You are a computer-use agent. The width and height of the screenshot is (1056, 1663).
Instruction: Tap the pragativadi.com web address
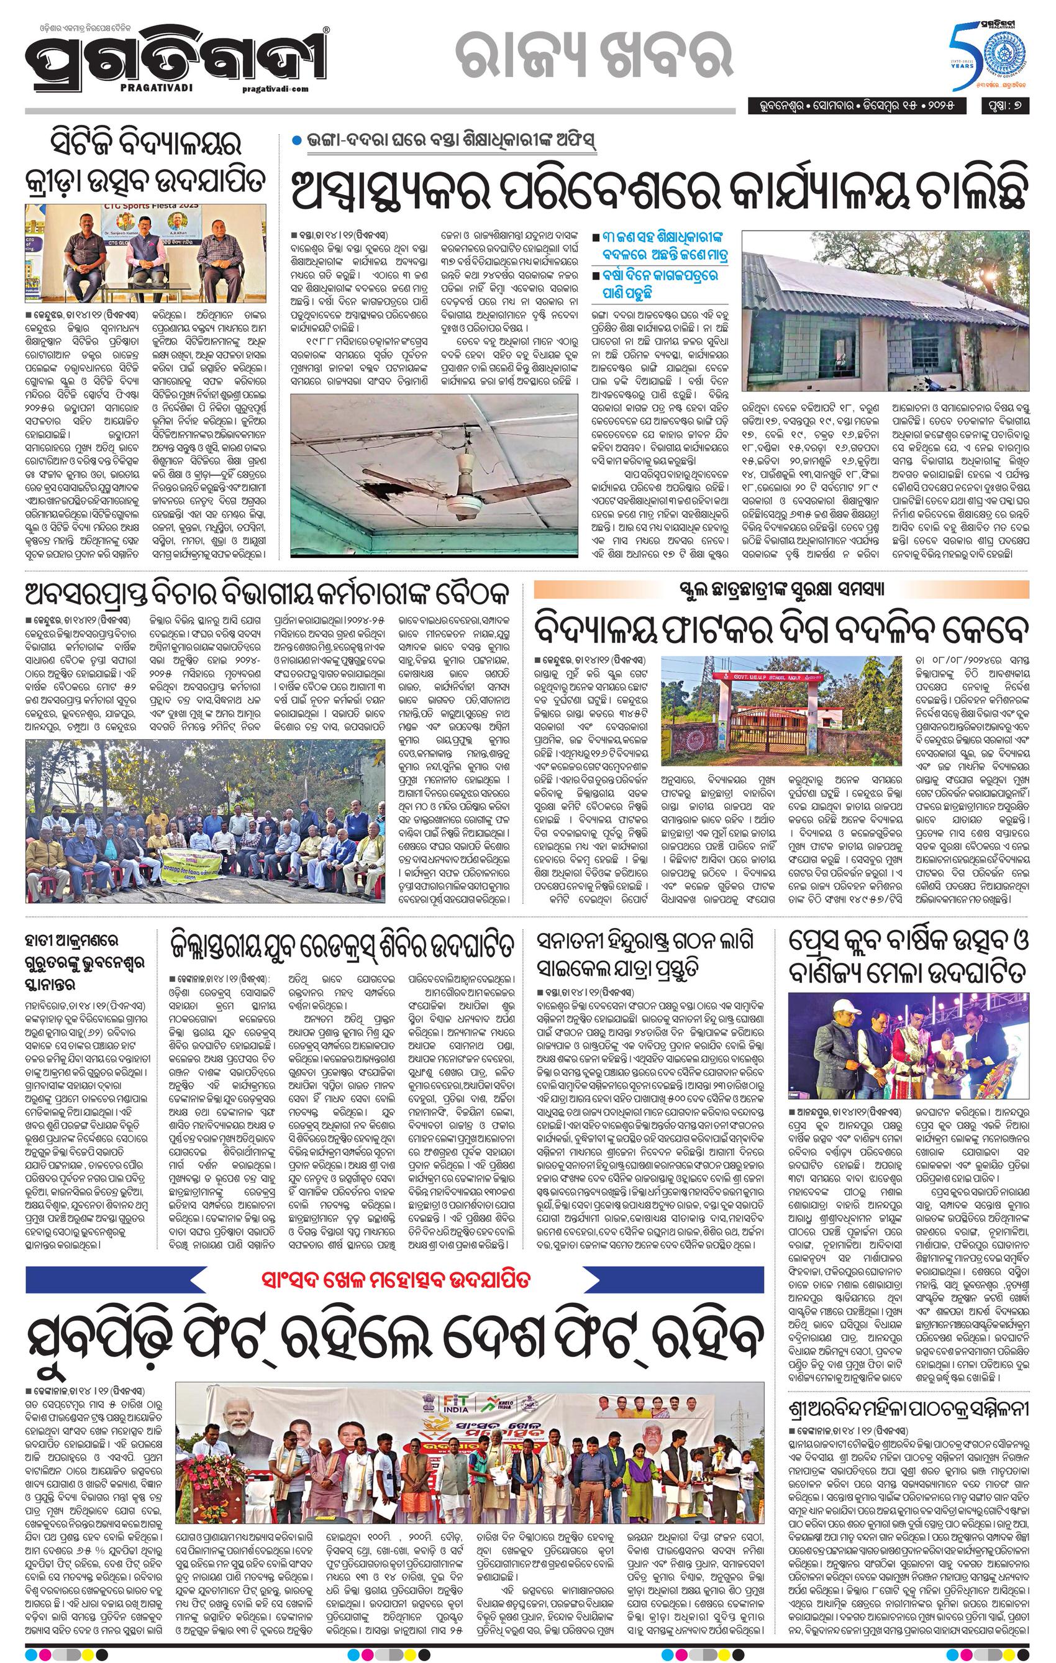point(276,88)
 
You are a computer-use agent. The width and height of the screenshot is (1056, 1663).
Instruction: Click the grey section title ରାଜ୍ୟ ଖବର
point(563,58)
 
